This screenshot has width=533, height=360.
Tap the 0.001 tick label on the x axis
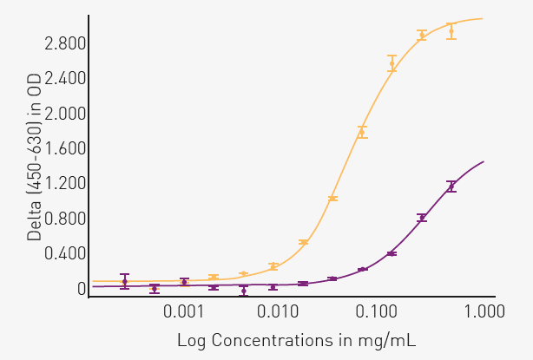(185, 311)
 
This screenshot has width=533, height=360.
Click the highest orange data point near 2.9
(451, 31)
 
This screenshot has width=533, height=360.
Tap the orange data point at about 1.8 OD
(362, 132)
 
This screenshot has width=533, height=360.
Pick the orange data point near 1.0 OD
(332, 199)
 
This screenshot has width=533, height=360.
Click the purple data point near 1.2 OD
(451, 186)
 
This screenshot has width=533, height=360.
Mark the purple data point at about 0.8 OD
(422, 218)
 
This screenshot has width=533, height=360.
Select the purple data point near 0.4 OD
(392, 253)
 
